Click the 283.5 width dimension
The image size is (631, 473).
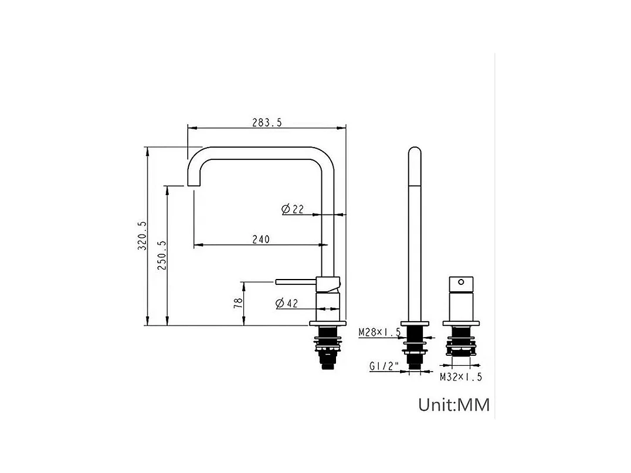tap(267, 122)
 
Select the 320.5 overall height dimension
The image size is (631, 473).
tap(142, 236)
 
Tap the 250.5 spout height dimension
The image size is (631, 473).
tap(162, 255)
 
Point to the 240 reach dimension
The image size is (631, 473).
tap(261, 239)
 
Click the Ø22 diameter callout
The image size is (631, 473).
tap(293, 209)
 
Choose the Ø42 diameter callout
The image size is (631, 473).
tap(287, 303)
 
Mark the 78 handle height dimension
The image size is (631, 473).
tap(238, 303)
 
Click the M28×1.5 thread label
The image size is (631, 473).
tap(379, 332)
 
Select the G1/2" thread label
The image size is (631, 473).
tap(384, 366)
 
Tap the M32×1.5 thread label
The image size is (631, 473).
tap(461, 377)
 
